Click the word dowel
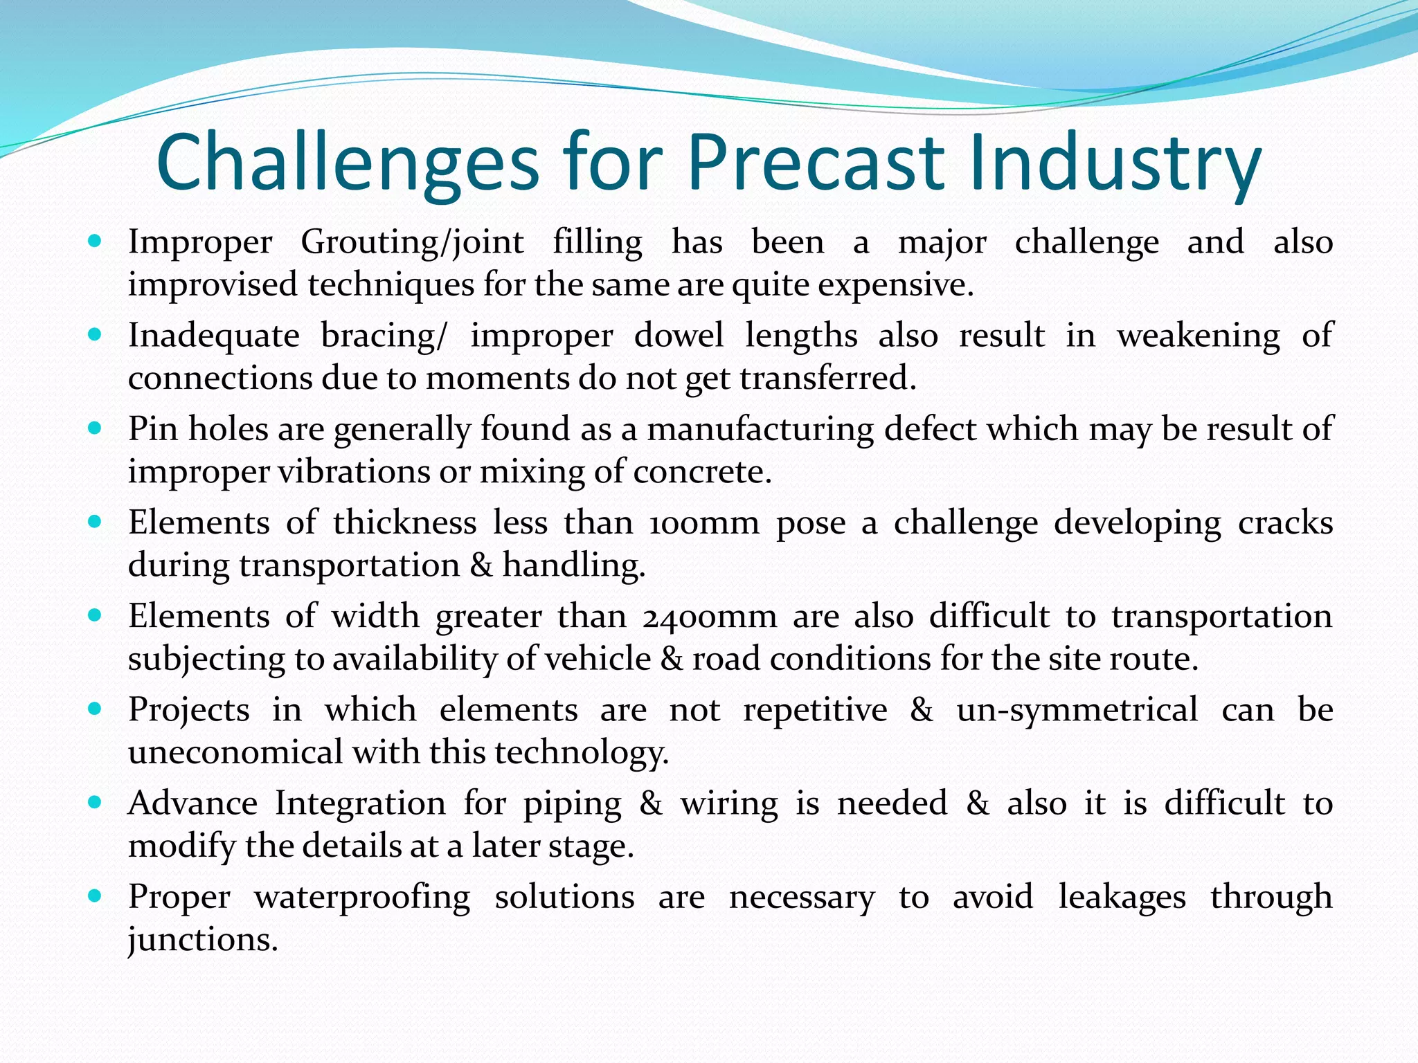[679, 336]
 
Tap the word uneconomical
[235, 752]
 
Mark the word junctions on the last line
[202, 940]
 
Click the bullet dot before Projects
[96, 709]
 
